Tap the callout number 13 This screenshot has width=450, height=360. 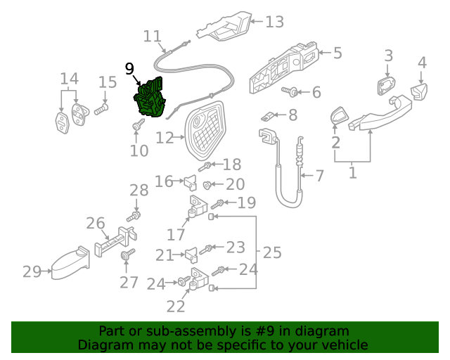274,22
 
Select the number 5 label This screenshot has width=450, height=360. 337,53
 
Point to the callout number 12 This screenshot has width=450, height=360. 165,139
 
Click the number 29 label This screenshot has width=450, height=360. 32,271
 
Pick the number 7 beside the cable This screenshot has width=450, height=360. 319,175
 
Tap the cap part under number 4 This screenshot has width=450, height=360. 420,91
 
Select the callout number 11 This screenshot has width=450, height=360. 152,36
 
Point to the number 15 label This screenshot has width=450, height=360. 107,83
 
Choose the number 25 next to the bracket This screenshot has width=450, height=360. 271,251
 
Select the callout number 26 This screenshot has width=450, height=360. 96,224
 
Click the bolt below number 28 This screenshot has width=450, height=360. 136,214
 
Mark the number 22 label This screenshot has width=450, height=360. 176,306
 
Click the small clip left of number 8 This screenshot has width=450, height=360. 268,115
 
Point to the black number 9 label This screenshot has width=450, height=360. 129,68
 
